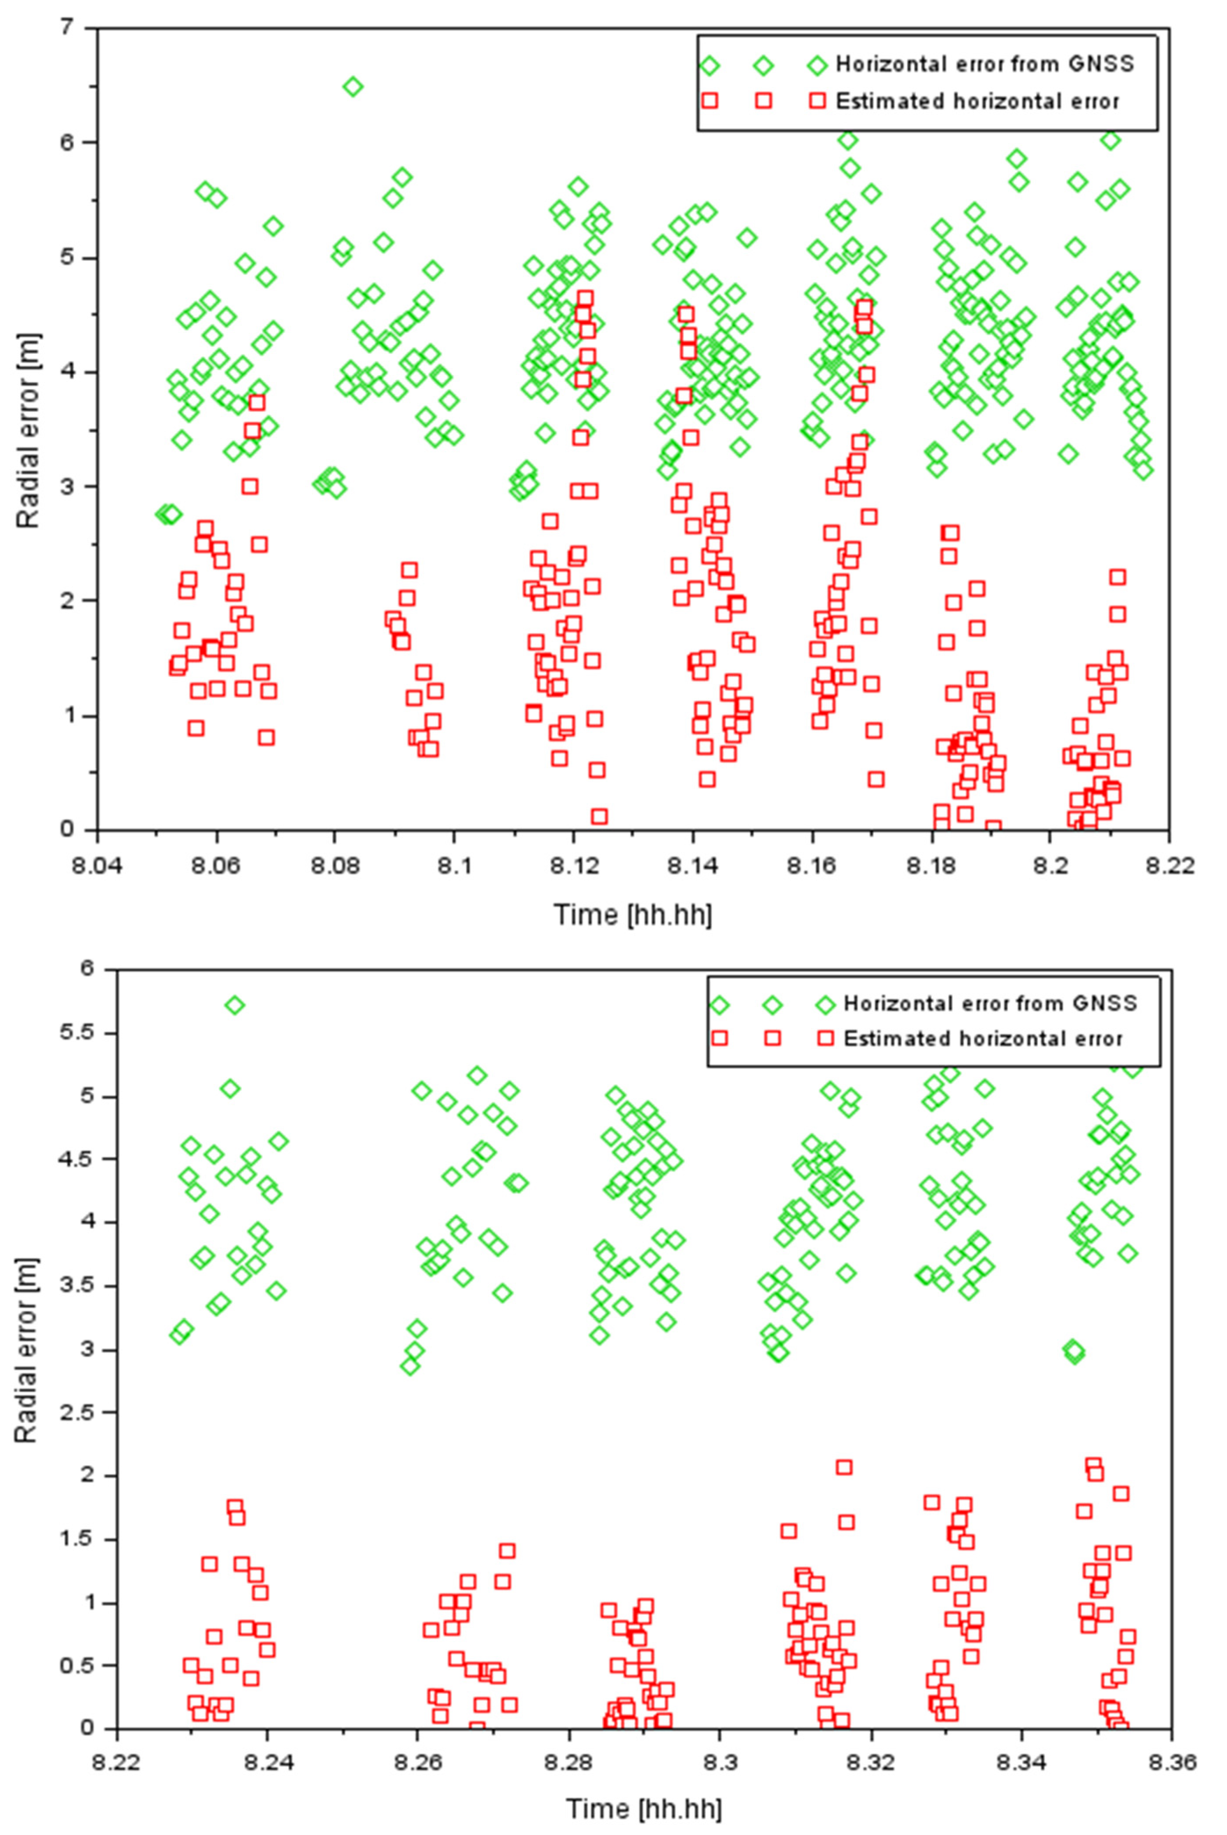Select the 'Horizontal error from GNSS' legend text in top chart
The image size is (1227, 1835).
984,64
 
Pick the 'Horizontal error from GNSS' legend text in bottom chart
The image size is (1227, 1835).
990,1003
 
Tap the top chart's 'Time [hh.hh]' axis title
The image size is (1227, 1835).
632,914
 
